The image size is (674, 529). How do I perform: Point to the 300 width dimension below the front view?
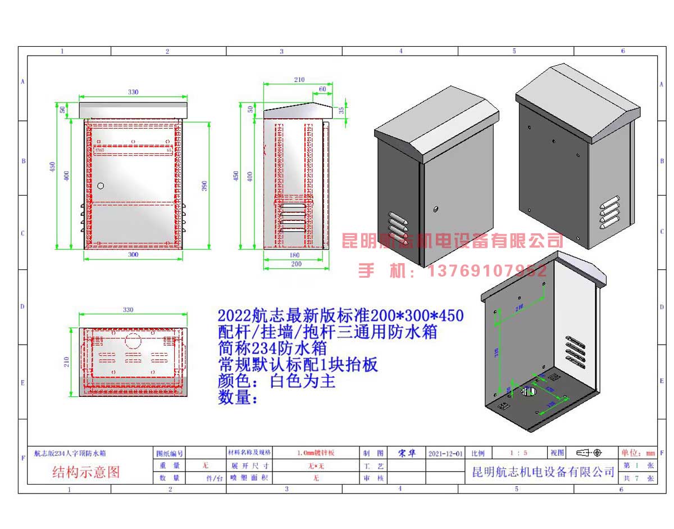tap(133, 255)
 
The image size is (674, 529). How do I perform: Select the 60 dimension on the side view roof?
tap(322, 89)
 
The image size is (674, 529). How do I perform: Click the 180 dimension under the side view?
tap(295, 255)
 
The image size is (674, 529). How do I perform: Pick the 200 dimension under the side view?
tap(296, 264)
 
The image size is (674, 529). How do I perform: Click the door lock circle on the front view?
tap(101, 186)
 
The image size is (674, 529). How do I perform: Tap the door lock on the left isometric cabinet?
tap(435, 210)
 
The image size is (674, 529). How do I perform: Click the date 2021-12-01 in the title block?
tap(446, 453)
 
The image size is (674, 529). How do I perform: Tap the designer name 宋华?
tap(407, 453)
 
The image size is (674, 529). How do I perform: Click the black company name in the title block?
tap(543, 472)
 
